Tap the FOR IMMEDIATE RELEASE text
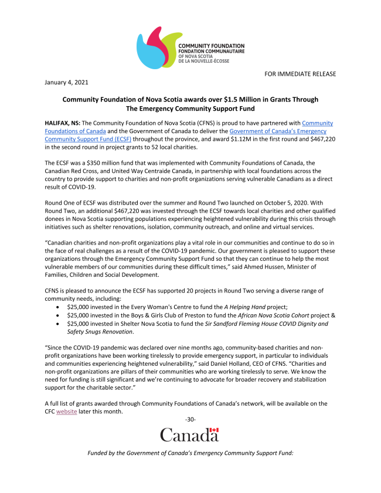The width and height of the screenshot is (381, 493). point(300,73)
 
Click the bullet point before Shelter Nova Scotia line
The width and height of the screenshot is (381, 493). point(56,324)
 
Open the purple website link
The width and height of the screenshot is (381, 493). point(66,412)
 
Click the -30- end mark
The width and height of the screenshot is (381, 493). point(190,420)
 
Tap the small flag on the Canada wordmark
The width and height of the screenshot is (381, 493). point(214,431)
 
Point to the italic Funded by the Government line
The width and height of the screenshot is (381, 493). point(190,453)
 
